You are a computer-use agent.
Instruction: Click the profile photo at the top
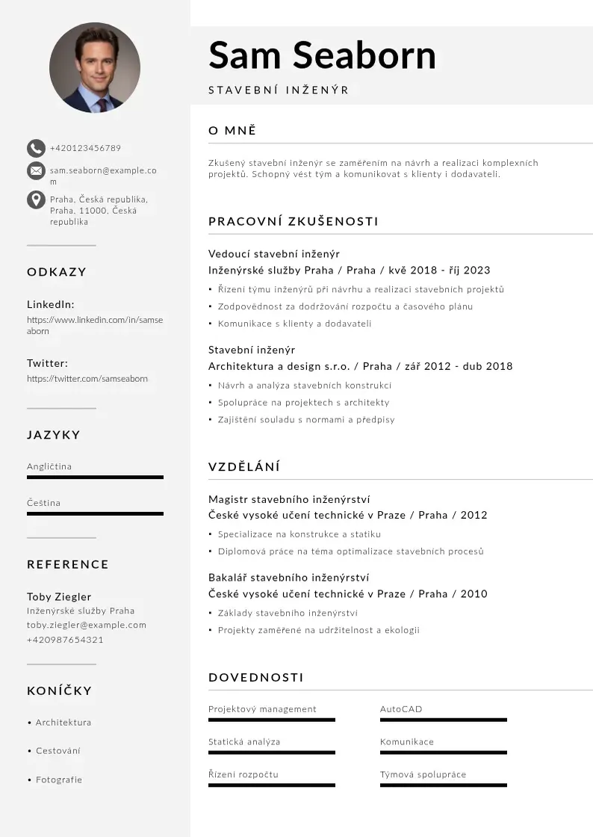[95, 67]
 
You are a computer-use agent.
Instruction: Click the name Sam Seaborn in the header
[322, 55]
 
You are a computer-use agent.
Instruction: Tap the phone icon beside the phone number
[36, 148]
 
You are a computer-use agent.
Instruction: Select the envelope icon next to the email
[36, 171]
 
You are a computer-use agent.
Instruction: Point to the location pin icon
[36, 200]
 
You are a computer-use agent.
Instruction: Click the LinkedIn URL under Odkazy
[95, 325]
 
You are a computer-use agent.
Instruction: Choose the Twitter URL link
[87, 379]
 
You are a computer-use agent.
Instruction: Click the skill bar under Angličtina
[95, 477]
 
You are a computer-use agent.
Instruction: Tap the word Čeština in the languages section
[44, 503]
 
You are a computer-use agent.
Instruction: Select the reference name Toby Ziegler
[59, 596]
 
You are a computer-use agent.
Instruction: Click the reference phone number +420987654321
[65, 640]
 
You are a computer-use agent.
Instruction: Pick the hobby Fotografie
[59, 779]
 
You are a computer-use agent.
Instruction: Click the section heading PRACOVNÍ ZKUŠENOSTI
[294, 221]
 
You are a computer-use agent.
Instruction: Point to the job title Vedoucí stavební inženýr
[274, 253]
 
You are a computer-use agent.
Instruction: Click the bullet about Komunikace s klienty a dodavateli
[294, 324]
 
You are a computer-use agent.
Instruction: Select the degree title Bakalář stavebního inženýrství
[288, 577]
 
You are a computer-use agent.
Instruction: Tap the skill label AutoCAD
[401, 709]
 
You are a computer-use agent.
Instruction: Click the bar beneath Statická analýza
[272, 753]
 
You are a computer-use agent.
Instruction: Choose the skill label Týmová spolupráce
[423, 774]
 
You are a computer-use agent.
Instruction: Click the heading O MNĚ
[232, 131]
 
